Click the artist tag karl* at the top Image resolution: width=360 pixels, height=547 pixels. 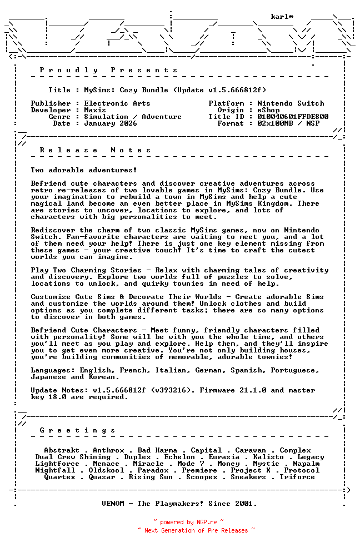(282, 17)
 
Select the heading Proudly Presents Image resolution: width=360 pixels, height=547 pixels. (109, 70)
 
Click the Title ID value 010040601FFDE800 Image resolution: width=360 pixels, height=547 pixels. (293, 117)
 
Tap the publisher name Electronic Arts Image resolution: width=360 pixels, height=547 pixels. (117, 103)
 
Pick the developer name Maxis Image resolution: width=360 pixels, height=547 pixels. (95, 110)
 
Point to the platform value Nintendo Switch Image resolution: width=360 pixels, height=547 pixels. (291, 103)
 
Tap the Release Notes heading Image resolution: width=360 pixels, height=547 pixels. (96, 150)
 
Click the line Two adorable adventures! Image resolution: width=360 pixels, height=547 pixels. (84, 170)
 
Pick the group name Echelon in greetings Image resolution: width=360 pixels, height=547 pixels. (179, 457)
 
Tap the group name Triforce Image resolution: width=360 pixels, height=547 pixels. (297, 477)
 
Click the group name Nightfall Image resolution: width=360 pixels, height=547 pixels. (55, 470)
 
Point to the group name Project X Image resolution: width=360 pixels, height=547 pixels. (251, 470)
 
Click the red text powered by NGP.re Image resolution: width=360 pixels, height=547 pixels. (189, 523)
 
